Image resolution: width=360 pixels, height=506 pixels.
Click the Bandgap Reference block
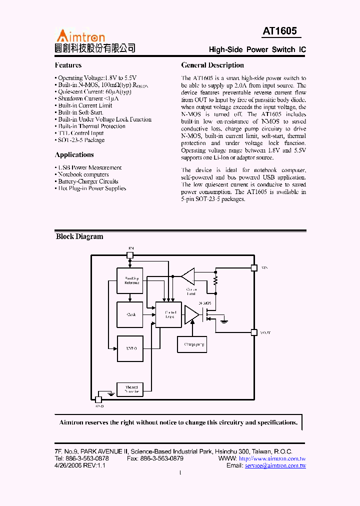(130, 280)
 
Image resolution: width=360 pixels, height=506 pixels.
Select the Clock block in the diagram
(130, 314)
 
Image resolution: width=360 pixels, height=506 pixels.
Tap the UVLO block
(130, 348)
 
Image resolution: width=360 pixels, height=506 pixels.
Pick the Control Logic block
(168, 314)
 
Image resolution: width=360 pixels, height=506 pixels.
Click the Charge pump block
(192, 344)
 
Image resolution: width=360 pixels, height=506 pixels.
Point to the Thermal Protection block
(130, 389)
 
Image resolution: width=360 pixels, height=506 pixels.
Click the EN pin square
(130, 255)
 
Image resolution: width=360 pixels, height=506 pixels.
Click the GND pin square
(98, 399)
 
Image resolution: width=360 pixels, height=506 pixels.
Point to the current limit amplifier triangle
(188, 276)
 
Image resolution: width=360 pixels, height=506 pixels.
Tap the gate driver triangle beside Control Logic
(191, 314)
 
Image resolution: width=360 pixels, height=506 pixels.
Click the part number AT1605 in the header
(280, 31)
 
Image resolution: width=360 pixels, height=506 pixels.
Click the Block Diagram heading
(79, 236)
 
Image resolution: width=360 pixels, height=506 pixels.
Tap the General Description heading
(212, 65)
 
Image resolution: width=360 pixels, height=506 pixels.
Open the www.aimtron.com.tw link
(272, 458)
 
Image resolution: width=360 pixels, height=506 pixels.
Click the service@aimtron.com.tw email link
(275, 465)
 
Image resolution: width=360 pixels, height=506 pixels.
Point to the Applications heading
(74, 154)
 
